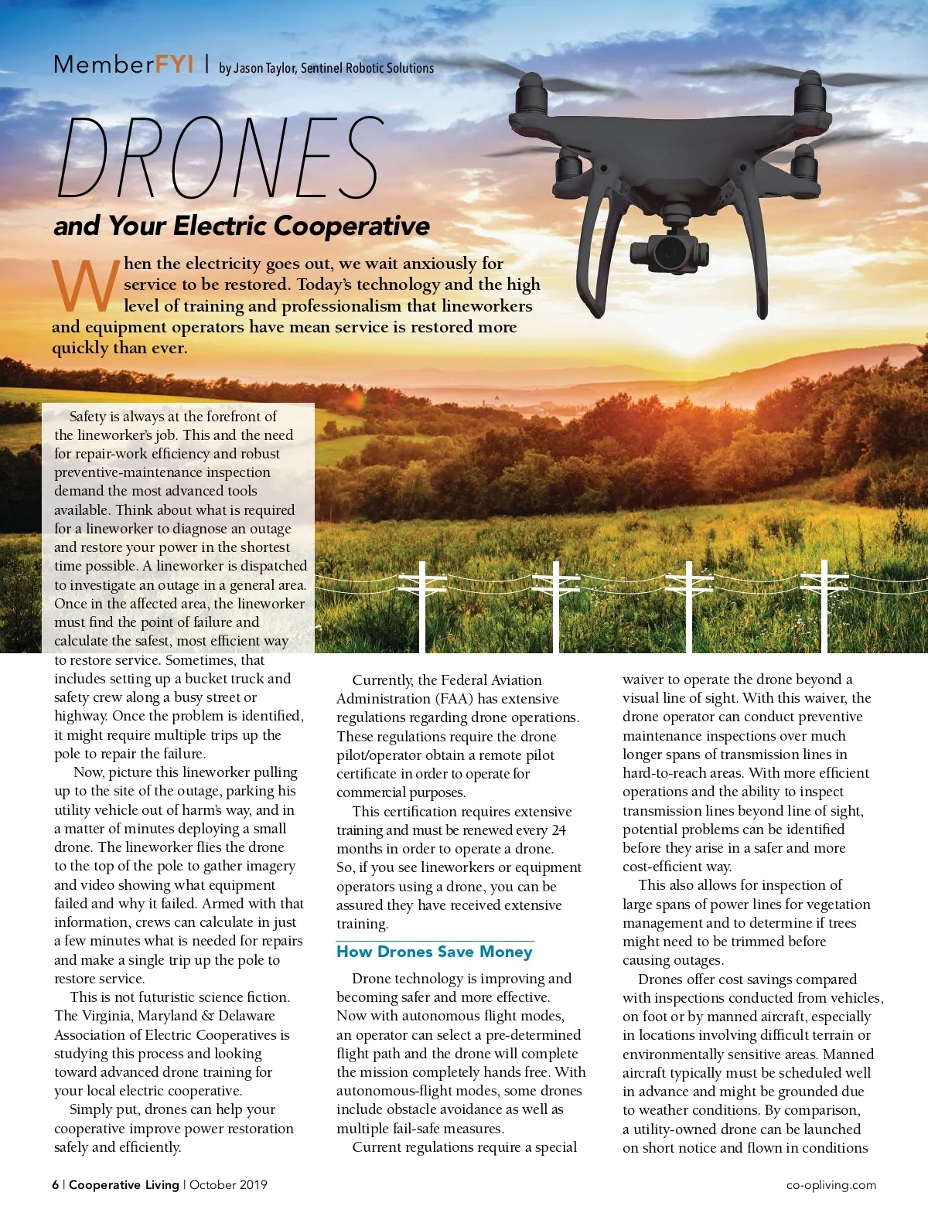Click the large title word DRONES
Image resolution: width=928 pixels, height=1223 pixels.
[220, 158]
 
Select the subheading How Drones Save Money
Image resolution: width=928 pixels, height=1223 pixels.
[435, 952]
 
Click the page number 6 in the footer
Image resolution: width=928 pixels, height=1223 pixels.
[55, 1184]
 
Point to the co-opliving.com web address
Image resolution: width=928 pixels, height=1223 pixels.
[831, 1184]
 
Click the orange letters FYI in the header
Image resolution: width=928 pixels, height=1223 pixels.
[174, 64]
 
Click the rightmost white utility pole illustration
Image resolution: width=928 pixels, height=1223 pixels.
[824, 604]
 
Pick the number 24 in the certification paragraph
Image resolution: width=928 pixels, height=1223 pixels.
[558, 830]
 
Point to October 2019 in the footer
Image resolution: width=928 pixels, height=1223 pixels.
[228, 1184]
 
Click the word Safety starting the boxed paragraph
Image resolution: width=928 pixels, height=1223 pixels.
[87, 417]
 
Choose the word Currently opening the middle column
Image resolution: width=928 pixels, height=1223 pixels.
[383, 680]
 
